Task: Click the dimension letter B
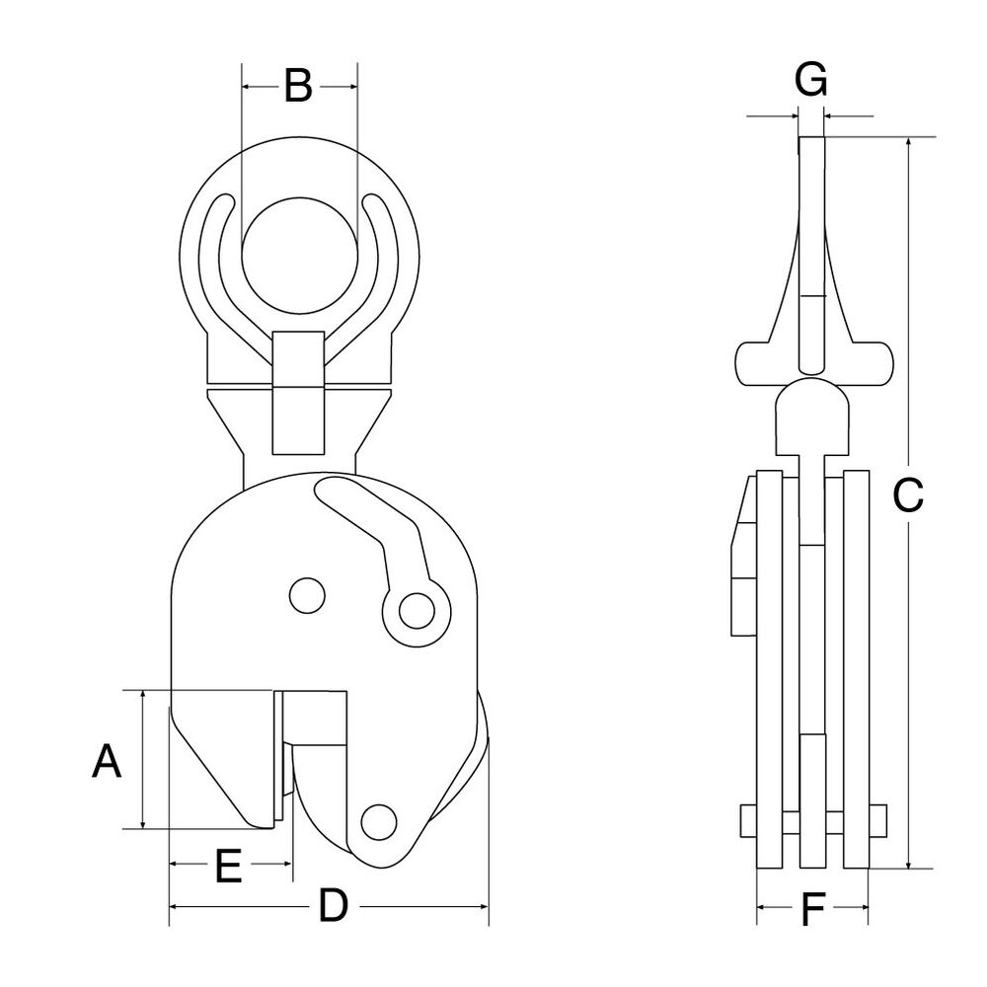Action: point(298,87)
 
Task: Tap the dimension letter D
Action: point(334,905)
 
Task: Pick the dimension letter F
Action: point(811,908)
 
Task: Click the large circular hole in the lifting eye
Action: point(298,254)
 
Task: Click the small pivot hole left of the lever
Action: point(306,594)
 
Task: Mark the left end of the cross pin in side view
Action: point(747,819)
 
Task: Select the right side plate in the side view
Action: point(856,671)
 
